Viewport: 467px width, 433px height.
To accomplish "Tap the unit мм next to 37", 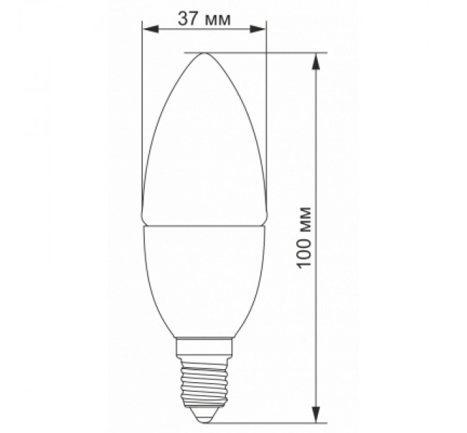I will (x=218, y=19).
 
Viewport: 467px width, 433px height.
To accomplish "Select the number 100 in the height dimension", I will (x=307, y=254).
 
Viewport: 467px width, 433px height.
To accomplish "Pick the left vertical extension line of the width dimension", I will (x=142, y=103).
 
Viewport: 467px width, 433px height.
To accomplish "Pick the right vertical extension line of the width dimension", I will (x=266, y=103).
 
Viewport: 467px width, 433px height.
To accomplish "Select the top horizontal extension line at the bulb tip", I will (x=275, y=52).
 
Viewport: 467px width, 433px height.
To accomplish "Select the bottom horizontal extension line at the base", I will (x=275, y=421).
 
